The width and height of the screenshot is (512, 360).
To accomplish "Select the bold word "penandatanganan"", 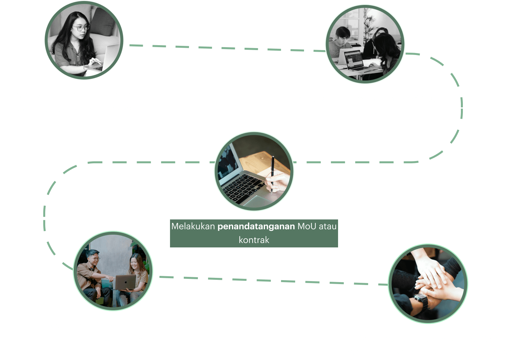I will coord(256,226).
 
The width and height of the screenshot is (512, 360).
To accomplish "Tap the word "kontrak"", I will coord(254,240).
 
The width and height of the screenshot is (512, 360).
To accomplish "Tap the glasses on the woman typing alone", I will coord(81,28).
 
